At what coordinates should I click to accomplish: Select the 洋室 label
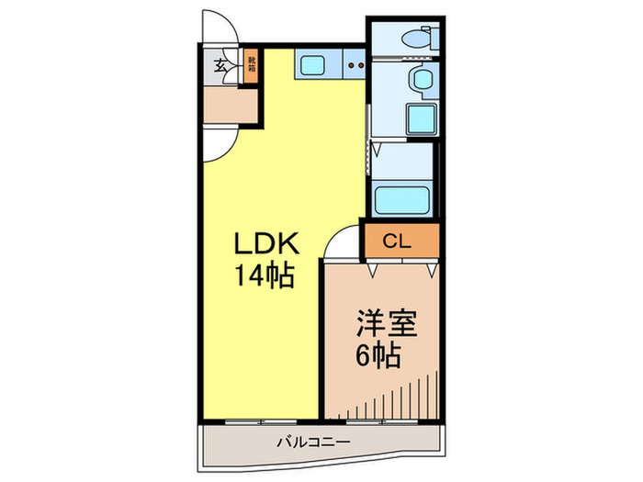coord(387,325)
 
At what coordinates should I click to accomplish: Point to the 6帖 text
coord(377,355)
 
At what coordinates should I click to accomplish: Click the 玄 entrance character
coord(221,64)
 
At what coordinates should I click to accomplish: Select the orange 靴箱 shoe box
coord(250,64)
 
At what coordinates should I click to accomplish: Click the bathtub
coord(404,199)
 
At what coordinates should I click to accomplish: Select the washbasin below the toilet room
coord(422,80)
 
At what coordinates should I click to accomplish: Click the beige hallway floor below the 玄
coord(230,106)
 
